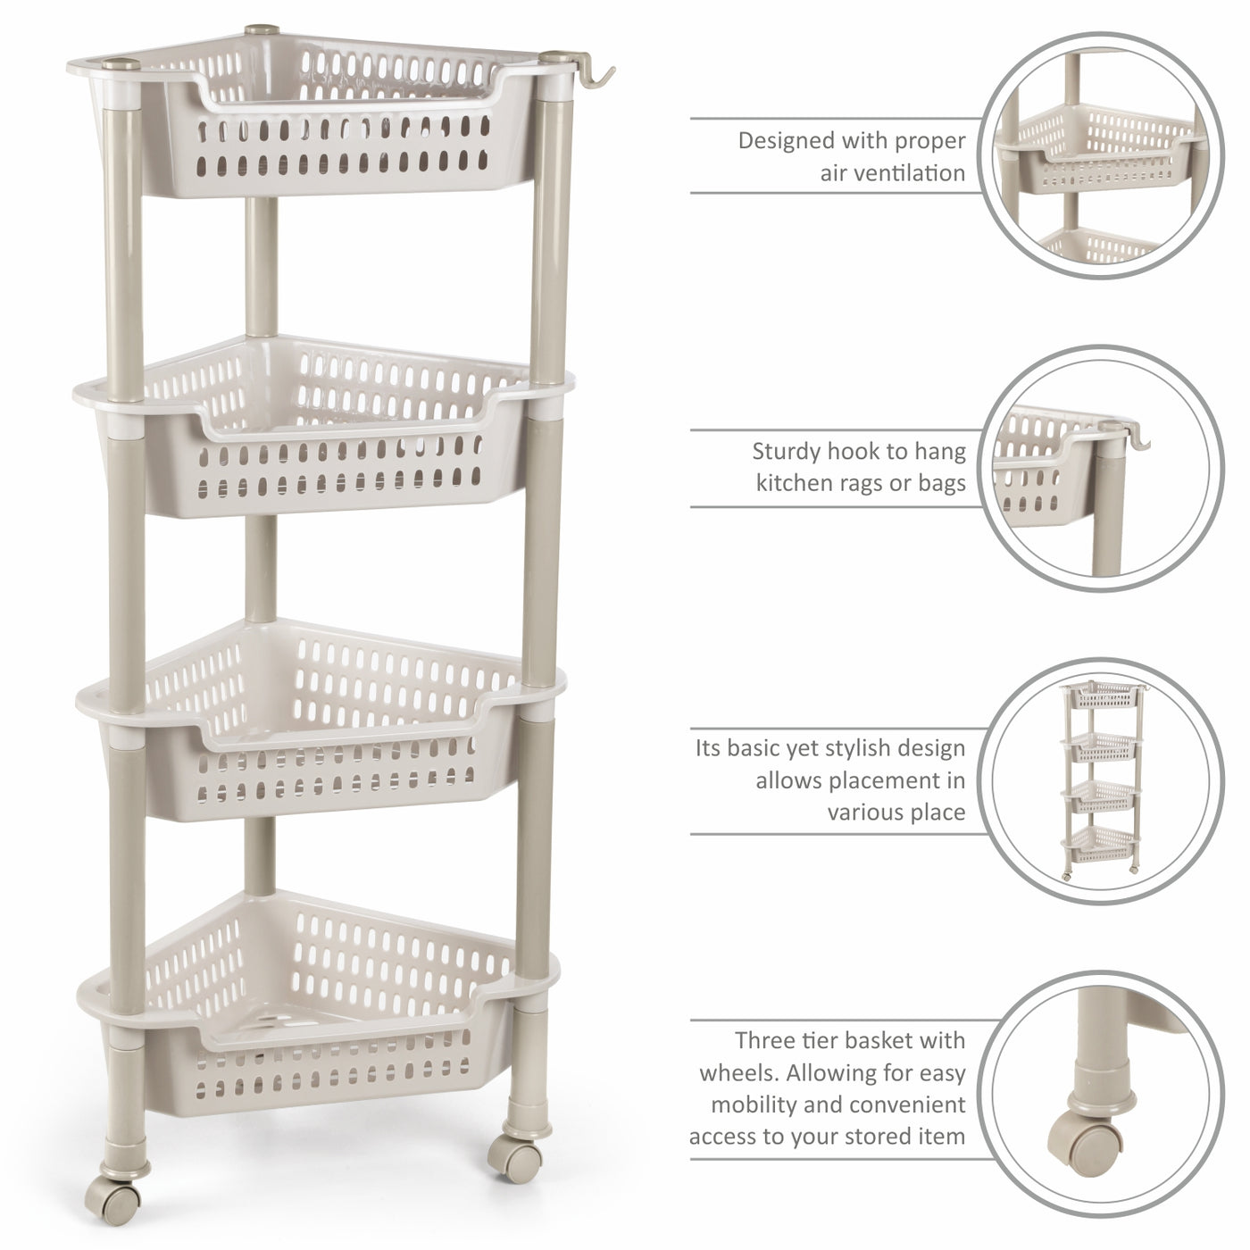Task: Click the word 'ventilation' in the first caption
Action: (x=893, y=173)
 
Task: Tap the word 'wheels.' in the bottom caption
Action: (x=739, y=1073)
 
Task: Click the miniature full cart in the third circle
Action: (x=1101, y=779)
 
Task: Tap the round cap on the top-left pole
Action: (x=121, y=63)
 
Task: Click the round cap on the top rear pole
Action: (x=262, y=29)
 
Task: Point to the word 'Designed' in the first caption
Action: (x=787, y=141)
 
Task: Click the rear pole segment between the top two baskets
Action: (x=262, y=267)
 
